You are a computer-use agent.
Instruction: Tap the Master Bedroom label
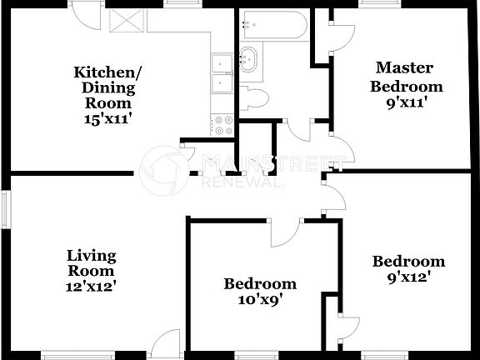(407, 76)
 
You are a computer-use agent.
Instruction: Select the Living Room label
(92, 262)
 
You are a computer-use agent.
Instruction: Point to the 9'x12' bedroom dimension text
(408, 277)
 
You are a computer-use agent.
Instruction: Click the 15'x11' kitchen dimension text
(108, 119)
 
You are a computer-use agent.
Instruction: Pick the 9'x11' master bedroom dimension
(407, 103)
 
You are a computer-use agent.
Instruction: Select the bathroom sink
(247, 59)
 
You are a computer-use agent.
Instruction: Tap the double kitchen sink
(221, 73)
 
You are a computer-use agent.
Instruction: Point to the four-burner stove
(222, 125)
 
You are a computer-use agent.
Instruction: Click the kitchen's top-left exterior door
(83, 12)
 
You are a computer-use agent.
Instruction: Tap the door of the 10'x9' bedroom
(284, 232)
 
